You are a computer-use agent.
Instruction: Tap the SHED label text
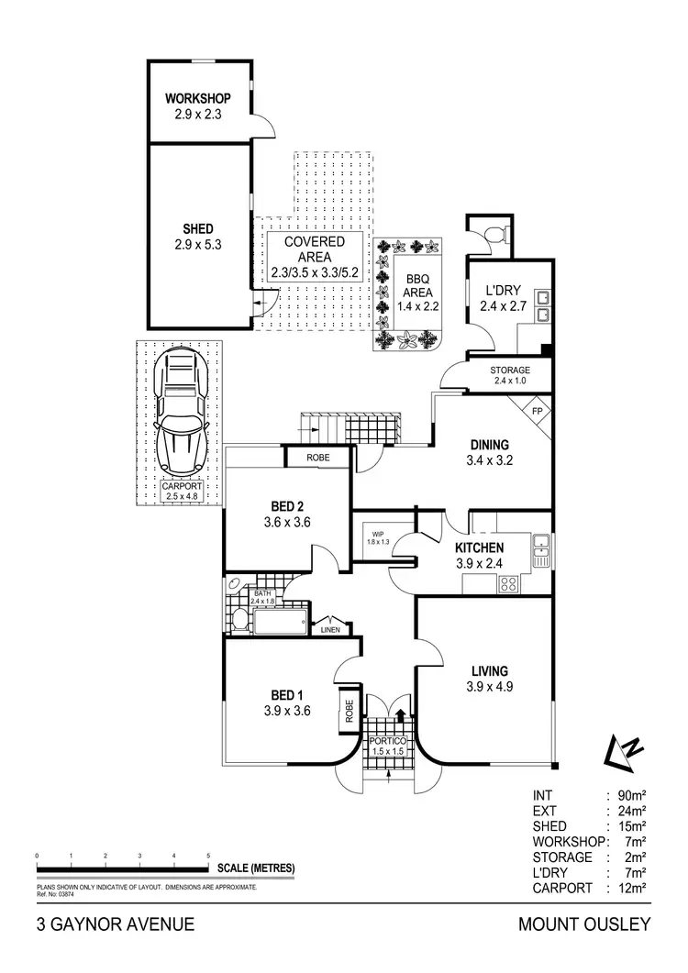[197, 228]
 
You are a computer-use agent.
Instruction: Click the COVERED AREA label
[314, 242]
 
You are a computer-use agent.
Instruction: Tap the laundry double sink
[542, 306]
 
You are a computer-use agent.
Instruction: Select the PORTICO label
[389, 739]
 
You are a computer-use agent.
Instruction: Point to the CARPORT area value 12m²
[635, 888]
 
